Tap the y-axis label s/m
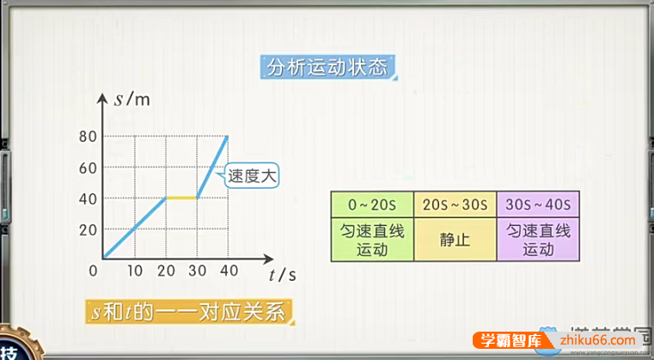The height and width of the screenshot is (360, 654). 131,99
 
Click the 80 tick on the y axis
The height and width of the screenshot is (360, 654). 87,136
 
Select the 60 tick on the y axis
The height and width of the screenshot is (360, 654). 87,168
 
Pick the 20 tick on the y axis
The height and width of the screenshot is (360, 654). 87,230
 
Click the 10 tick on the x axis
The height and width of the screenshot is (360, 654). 134,271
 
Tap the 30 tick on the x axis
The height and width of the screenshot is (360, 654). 197,271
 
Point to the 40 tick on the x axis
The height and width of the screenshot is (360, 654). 228,271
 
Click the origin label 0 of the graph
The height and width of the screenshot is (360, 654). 93,271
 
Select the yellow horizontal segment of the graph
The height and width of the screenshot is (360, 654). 181,198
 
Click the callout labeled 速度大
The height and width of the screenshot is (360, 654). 253,178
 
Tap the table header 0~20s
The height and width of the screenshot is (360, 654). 372,204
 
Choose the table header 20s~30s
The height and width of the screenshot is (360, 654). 455,204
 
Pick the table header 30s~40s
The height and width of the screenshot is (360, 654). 538,204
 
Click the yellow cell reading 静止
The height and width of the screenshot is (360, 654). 455,240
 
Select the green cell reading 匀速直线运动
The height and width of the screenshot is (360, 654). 372,240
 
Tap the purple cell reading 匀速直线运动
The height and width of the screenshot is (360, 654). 538,240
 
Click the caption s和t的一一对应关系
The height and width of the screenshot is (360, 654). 190,311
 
